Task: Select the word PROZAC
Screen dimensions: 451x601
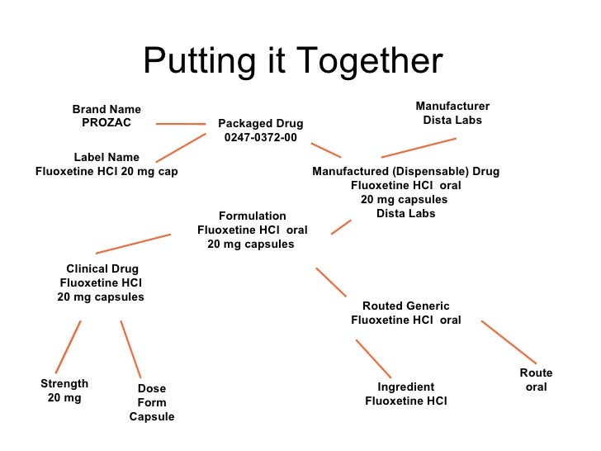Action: [x=106, y=122]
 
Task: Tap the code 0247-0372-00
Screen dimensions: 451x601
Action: [x=261, y=138]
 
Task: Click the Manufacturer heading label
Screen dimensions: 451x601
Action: [x=452, y=106]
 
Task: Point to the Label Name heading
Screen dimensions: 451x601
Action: [x=106, y=157]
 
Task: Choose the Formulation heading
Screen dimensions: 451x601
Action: [x=253, y=216]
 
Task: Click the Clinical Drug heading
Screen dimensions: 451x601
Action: [x=102, y=268]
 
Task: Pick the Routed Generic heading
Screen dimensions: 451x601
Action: [x=406, y=306]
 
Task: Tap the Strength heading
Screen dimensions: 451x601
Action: [x=64, y=383]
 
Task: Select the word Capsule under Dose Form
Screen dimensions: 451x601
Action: [x=152, y=416]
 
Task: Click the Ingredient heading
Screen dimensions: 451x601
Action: [x=406, y=387]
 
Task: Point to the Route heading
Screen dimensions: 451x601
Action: [x=536, y=373]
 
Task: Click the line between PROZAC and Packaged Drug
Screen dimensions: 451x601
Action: [x=180, y=124]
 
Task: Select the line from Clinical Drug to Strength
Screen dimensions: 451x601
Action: [x=68, y=347]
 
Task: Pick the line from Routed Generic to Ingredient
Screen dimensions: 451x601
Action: [x=373, y=358]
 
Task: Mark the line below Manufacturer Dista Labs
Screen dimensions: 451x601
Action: [x=419, y=147]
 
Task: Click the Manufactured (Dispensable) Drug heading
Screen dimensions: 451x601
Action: [x=405, y=171]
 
